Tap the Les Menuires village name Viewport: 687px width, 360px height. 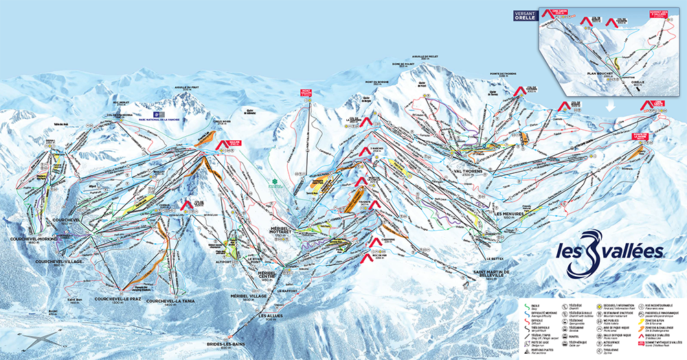(x=509, y=214)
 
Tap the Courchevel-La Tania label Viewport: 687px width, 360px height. (x=169, y=301)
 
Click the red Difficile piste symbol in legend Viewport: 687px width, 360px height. (x=523, y=321)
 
